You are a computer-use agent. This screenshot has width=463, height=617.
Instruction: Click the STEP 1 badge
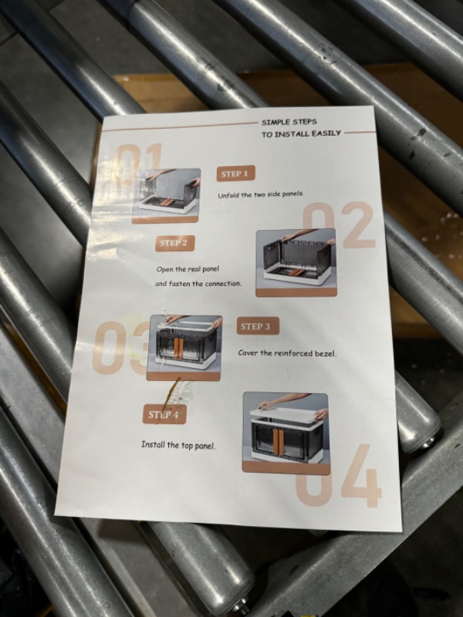[x=235, y=174]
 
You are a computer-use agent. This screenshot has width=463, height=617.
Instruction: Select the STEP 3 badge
[x=258, y=326]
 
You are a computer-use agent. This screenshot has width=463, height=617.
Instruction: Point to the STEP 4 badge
[x=164, y=414]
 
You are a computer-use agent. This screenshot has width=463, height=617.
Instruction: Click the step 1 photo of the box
[x=167, y=196]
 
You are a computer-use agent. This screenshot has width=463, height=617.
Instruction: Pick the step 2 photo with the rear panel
[x=296, y=263]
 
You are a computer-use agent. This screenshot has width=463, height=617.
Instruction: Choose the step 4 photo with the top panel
[x=286, y=433]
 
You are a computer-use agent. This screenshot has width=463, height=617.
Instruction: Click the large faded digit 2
[x=358, y=225]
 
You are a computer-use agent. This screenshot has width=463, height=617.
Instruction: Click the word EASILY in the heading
[x=326, y=133]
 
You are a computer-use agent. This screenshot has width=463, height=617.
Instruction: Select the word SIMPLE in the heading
[x=275, y=122]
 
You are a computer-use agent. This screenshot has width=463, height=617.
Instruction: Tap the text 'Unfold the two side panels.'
[x=261, y=195]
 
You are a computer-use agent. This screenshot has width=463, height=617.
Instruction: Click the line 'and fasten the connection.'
[x=198, y=284]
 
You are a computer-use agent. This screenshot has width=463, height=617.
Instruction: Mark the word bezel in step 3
[x=326, y=354]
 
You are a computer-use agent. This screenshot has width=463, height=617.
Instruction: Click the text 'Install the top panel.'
[x=178, y=446]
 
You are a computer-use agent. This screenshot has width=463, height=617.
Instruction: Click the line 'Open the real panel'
[x=188, y=269]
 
